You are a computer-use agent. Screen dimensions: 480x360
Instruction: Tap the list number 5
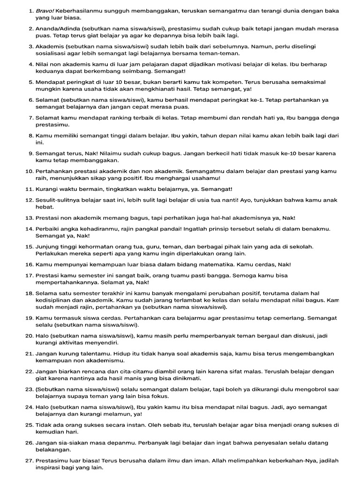pos(31,82)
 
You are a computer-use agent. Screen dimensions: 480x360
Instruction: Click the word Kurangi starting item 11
pos(48,189)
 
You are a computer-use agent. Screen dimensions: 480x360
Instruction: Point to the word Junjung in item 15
pos(48,247)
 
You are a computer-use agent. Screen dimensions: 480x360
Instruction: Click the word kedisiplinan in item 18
pos(55,300)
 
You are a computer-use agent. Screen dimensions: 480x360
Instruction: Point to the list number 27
pos(29,461)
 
